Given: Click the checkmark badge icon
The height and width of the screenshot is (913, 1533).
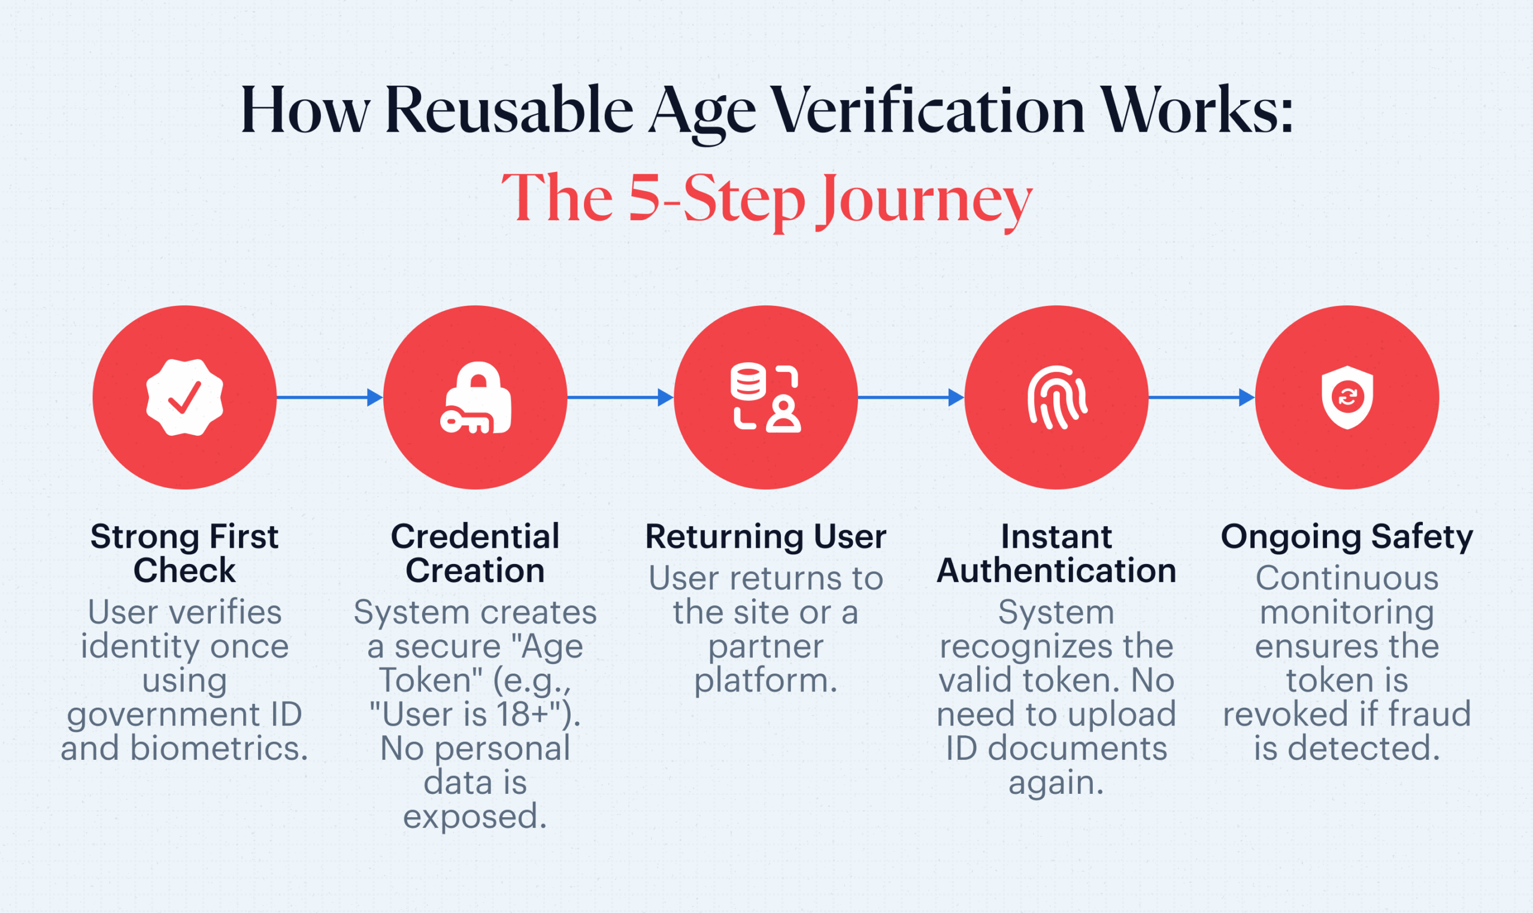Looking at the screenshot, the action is tap(184, 398).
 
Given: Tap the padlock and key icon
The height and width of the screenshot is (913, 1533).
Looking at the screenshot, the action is tap(475, 398).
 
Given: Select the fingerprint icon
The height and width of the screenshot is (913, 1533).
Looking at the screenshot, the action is tap(1057, 398).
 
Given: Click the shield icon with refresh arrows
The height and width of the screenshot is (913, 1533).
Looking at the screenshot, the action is tap(1347, 398).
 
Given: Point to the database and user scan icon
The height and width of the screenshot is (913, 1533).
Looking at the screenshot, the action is tap(766, 398).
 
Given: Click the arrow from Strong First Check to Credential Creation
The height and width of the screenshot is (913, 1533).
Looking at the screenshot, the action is tap(330, 398).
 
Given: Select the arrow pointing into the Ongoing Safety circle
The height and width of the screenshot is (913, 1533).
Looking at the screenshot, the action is tap(1201, 398).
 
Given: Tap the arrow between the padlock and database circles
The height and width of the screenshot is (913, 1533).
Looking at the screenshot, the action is tap(620, 398).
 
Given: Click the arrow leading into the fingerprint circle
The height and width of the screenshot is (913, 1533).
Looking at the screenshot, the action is tap(911, 398).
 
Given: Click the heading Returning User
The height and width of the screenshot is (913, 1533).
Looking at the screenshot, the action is tap(766, 536).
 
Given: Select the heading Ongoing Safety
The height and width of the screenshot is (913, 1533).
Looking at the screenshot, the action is tap(1347, 538).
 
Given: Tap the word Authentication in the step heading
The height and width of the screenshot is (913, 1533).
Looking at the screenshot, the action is tap(1057, 571).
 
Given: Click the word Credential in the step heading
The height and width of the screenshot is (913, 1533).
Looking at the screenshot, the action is tap(475, 536).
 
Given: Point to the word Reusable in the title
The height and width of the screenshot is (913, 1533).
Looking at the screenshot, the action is tap(509, 110).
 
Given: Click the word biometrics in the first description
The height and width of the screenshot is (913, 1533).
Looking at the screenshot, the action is tap(219, 749).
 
